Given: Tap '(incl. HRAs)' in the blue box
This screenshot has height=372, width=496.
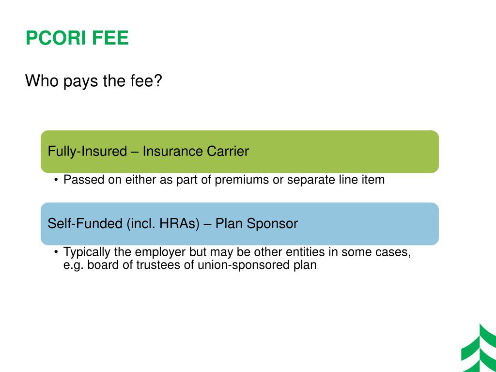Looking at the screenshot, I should [x=163, y=224].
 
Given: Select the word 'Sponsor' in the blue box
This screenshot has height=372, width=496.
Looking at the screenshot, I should [x=273, y=224].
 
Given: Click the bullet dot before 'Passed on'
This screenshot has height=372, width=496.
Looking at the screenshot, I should [x=56, y=180].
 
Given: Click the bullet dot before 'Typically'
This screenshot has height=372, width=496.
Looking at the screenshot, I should [x=56, y=252].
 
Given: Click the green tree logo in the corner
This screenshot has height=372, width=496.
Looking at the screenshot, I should [x=478, y=349].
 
